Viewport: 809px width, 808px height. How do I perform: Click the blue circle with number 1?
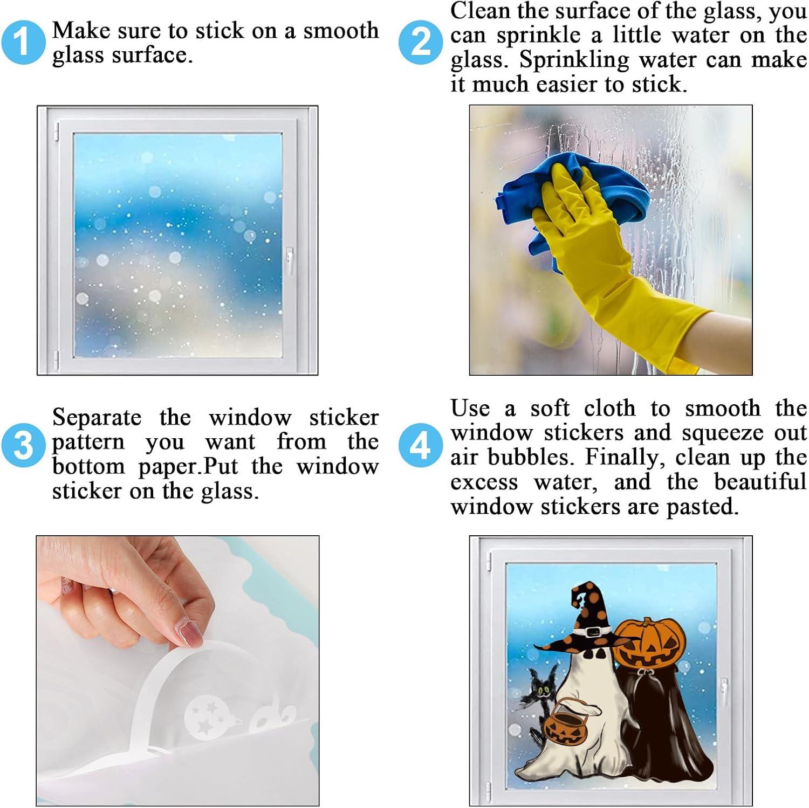tap(23, 42)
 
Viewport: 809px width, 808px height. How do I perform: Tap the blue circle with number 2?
tap(421, 42)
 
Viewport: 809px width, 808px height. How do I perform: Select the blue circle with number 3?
tap(23, 446)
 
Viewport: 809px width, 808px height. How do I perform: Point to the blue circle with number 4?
tap(421, 446)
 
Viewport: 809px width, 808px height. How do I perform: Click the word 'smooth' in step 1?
tap(341, 31)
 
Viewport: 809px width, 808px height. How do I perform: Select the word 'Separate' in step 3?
tap(97, 418)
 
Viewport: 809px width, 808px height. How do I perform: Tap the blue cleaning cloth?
tap(572, 208)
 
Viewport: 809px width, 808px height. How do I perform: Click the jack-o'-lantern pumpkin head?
tap(649, 643)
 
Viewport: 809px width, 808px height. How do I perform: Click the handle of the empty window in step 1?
tap(290, 261)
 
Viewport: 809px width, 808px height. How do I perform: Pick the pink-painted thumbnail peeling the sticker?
tap(191, 634)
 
